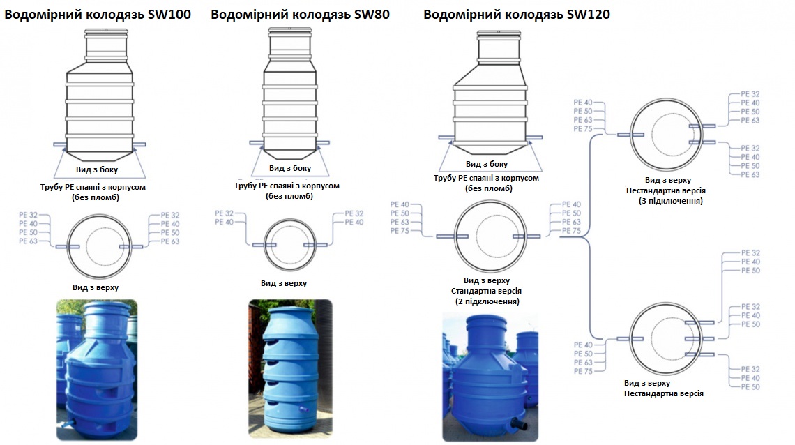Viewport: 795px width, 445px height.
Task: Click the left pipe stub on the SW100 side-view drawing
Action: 59,144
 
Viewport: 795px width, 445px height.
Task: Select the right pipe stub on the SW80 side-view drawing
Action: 323,144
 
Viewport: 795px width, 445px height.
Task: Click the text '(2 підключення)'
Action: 487,301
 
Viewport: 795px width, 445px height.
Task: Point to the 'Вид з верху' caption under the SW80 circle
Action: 284,283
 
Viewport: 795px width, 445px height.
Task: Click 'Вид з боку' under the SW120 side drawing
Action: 487,165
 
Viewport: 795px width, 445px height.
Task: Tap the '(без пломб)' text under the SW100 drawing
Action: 96,197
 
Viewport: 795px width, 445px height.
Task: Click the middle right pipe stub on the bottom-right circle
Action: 699,339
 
